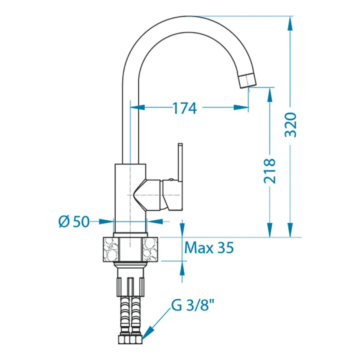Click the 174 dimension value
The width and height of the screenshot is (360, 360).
point(184,108)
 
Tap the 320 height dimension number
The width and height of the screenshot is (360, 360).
point(291,125)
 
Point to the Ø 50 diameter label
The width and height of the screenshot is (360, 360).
point(73,222)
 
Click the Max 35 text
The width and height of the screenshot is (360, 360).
point(209,247)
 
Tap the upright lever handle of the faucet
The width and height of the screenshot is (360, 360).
point(180,162)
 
